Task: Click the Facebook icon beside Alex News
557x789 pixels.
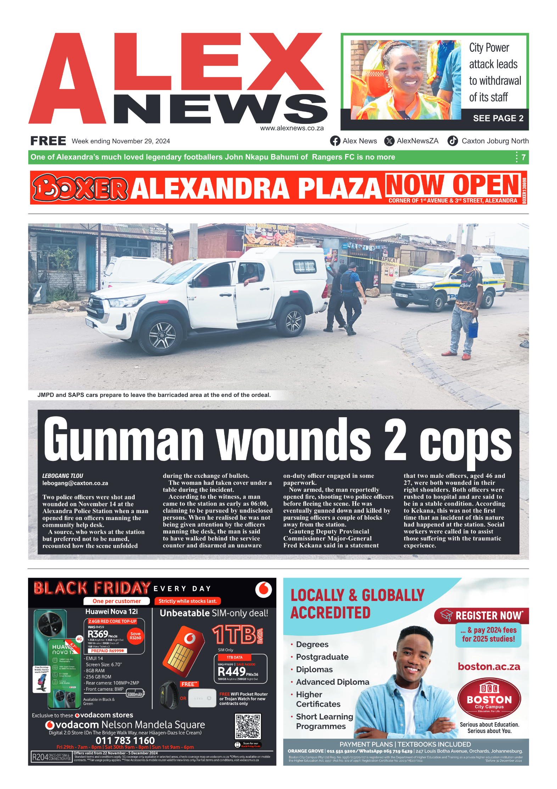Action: coord(335,141)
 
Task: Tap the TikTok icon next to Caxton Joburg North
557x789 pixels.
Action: coord(452,141)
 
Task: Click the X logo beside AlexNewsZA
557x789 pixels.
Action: coord(389,141)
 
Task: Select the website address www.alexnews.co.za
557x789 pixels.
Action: coord(292,128)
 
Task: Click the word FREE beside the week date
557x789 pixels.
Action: coord(48,141)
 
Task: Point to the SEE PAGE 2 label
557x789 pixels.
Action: coord(498,118)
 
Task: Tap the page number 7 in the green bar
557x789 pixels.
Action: coord(523,157)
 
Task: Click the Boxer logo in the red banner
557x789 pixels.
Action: coord(80,187)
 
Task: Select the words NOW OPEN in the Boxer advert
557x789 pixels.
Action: coord(452,184)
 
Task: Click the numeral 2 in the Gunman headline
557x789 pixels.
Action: coord(395,440)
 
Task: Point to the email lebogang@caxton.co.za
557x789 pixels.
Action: coord(75,483)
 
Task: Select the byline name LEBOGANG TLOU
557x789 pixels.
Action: coord(63,476)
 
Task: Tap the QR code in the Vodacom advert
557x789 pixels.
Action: coord(248,726)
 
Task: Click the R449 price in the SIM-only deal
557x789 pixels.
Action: coord(232,671)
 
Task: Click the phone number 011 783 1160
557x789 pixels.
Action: coord(125,740)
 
